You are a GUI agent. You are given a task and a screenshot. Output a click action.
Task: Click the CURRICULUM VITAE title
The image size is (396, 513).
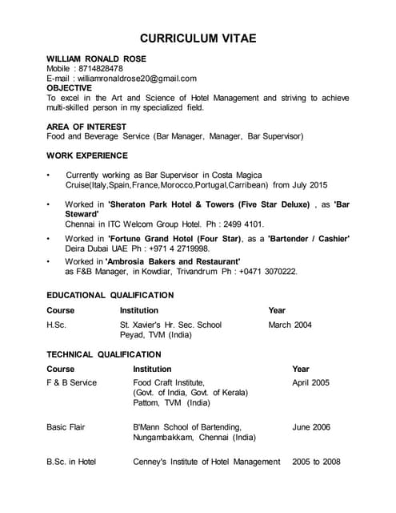click(x=198, y=38)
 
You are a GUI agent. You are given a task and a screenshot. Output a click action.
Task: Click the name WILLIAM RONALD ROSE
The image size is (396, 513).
click(x=96, y=59)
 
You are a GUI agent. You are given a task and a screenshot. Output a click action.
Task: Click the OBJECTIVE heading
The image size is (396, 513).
click(x=69, y=88)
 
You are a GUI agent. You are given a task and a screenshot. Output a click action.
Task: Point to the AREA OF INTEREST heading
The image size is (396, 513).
click(x=86, y=127)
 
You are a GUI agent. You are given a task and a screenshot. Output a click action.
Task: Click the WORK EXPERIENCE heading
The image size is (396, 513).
click(x=86, y=155)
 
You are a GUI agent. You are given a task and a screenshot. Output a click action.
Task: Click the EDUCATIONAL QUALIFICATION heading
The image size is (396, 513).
click(x=110, y=295)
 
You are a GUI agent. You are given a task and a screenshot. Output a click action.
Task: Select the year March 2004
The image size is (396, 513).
click(x=290, y=325)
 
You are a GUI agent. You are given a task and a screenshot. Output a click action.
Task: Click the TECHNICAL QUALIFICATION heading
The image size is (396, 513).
click(x=103, y=353)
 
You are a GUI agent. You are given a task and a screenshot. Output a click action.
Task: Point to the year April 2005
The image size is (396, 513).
click(x=310, y=382)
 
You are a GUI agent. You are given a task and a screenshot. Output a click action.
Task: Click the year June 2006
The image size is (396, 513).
click(x=311, y=427)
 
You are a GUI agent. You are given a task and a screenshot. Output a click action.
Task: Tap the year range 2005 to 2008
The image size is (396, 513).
click(x=316, y=462)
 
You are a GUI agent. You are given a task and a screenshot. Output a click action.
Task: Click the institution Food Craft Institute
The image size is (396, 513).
click(x=169, y=382)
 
